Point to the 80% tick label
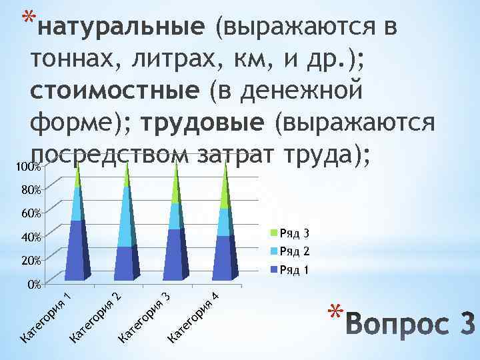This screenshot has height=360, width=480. [29, 190]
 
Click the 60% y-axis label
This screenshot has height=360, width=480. [29, 213]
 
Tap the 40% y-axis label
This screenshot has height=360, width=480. [29, 237]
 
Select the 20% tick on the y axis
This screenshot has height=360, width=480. [29, 260]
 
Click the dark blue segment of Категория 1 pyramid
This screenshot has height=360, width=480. [75, 250]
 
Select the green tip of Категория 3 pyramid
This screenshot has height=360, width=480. [176, 183]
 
